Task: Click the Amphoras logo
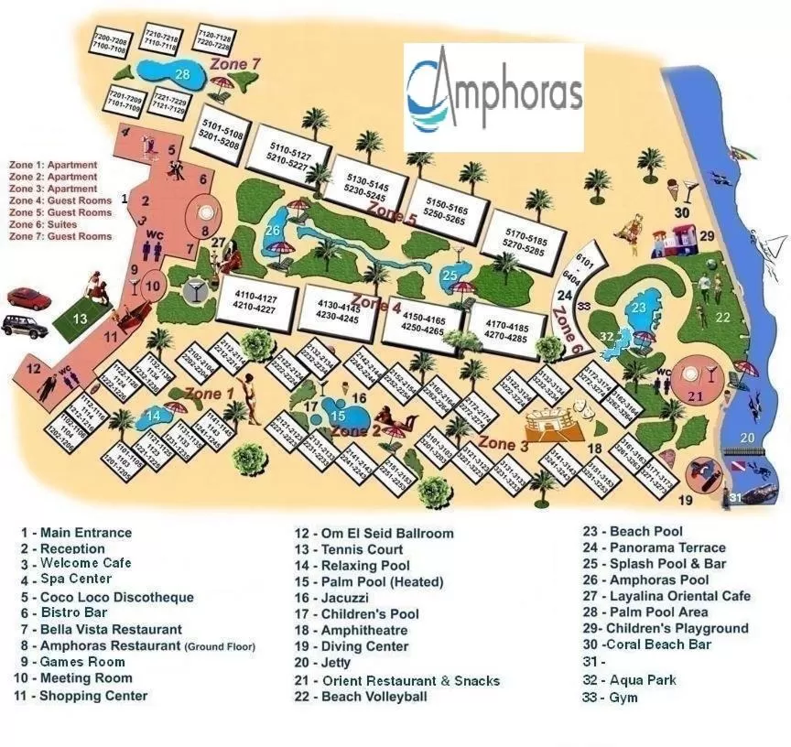[493, 96]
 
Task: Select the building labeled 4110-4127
[254, 302]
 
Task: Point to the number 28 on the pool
[182, 74]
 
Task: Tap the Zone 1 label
[210, 394]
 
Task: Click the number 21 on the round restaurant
[696, 395]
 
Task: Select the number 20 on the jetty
[748, 438]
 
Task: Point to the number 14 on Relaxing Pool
[154, 417]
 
